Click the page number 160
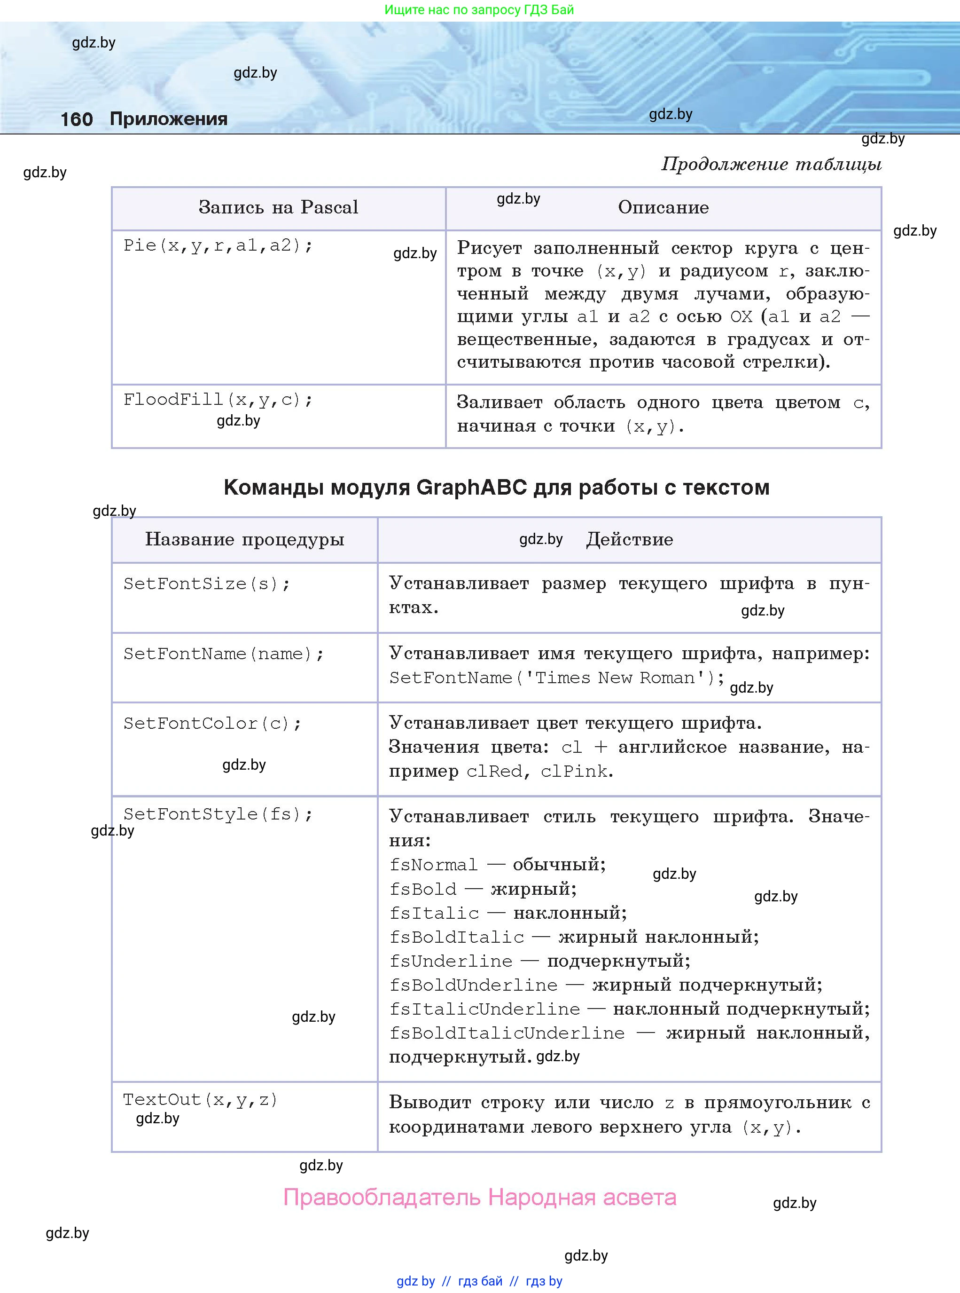coord(76,119)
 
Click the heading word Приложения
coord(169,119)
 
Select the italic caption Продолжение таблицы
coord(771,165)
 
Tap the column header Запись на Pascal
coord(278,207)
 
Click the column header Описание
coord(663,207)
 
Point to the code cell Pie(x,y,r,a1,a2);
coord(218,245)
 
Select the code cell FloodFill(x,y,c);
coord(218,399)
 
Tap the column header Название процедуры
coord(245,539)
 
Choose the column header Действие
coord(629,539)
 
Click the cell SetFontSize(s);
coord(206,583)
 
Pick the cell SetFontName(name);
coord(223,654)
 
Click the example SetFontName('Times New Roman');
coord(556,678)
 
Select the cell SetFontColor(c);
coord(212,724)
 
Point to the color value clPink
coord(574,772)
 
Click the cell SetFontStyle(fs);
coord(218,814)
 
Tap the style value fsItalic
coord(434,913)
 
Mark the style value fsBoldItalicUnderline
coord(507,1033)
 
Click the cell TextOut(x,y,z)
coord(201,1100)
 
